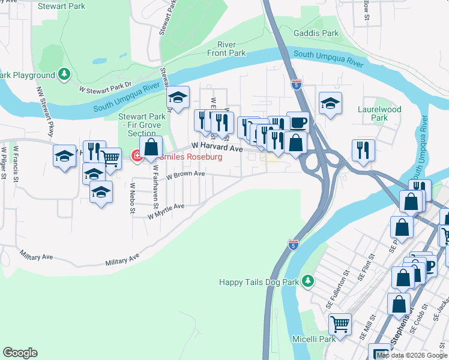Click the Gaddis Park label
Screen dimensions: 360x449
tap(316, 34)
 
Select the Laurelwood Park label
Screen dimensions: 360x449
tap(379, 114)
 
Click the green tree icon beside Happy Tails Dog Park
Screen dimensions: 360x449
tap(308, 281)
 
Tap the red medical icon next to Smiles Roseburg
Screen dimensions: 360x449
tap(136, 157)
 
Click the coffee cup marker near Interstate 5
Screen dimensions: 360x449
tap(298, 123)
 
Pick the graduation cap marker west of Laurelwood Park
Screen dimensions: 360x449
tap(330, 103)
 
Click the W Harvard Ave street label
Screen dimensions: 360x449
tap(217, 146)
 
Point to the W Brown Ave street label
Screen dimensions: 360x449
tap(185, 175)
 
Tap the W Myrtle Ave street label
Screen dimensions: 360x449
tap(166, 210)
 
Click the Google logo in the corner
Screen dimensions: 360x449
tap(20, 353)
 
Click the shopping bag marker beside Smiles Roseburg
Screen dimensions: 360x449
tap(151, 146)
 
